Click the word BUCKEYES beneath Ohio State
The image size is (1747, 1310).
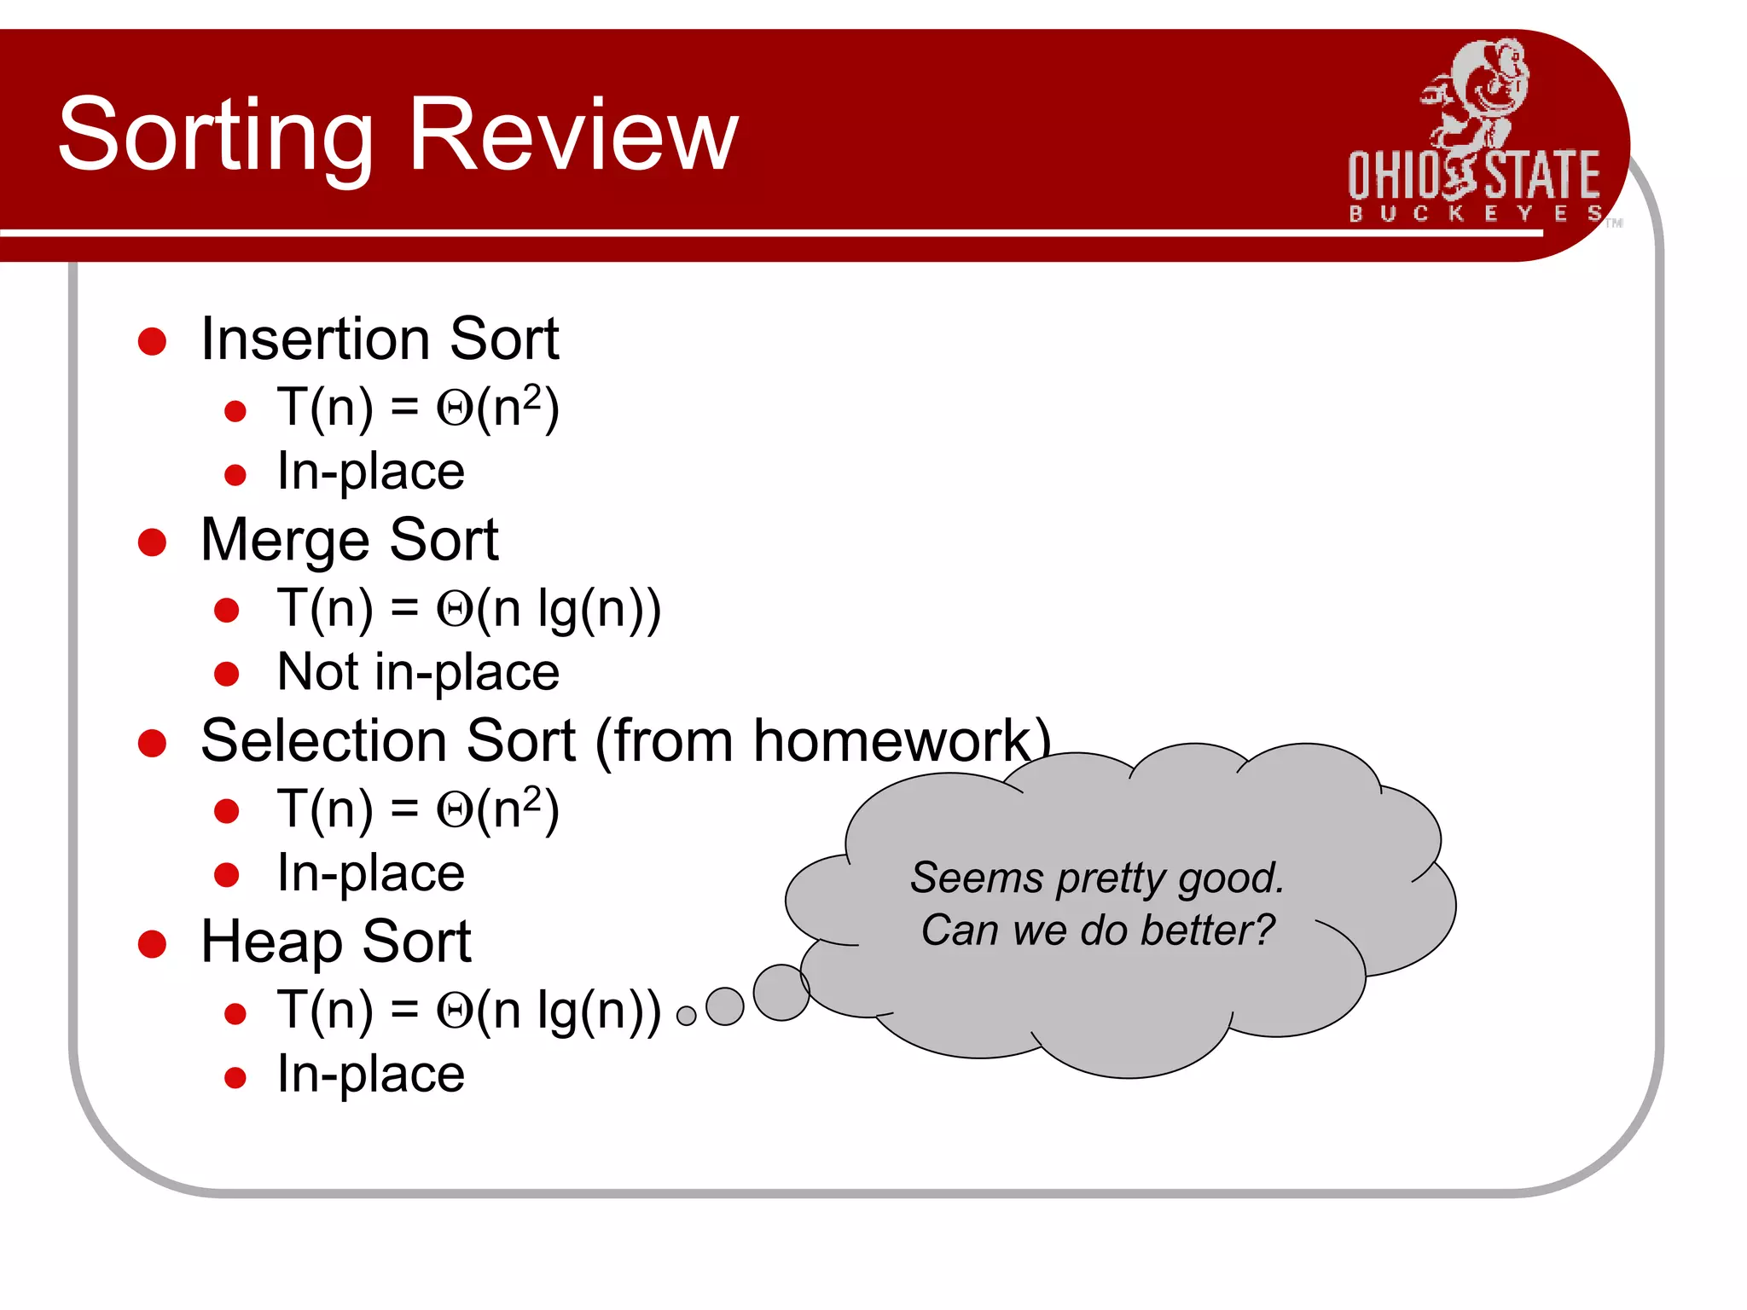[1474, 213]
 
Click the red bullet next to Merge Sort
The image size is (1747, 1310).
[152, 542]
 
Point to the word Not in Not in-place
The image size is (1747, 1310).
[317, 672]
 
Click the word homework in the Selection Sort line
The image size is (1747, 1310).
[891, 740]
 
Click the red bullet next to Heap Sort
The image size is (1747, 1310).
[152, 943]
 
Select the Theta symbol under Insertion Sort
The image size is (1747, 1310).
[454, 409]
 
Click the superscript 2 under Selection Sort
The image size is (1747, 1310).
[531, 797]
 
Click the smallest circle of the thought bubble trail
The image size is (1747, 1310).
[686, 1016]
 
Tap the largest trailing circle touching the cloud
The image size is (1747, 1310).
[781, 992]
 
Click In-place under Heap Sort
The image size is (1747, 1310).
[370, 1074]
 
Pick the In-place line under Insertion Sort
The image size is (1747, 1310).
[370, 472]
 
